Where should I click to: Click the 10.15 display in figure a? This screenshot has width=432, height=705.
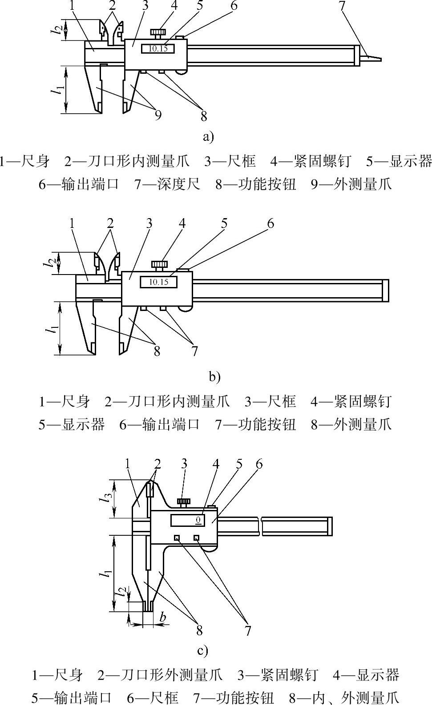(158, 48)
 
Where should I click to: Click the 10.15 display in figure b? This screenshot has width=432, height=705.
(158, 282)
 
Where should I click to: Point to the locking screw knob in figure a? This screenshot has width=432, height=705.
(158, 33)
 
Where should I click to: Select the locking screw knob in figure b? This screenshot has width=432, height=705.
(159, 265)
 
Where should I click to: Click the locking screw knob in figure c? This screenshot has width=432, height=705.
(183, 502)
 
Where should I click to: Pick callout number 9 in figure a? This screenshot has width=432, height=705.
(158, 115)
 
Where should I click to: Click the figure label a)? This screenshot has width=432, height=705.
(208, 136)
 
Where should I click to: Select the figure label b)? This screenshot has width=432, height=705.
(214, 377)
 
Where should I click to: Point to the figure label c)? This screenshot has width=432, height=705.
(202, 651)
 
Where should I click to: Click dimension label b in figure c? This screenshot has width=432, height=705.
(163, 617)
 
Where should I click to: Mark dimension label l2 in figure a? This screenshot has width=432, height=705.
(56, 30)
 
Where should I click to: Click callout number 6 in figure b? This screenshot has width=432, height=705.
(270, 223)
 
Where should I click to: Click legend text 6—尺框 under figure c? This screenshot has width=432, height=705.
(153, 697)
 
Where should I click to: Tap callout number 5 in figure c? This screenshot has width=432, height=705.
(239, 464)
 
